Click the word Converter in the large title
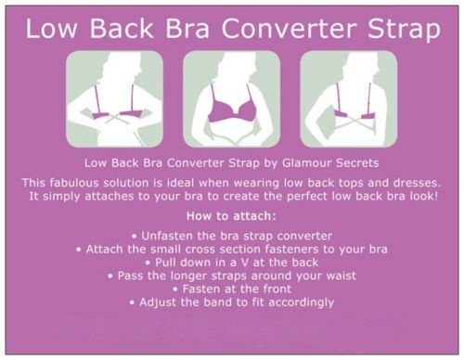point(291,29)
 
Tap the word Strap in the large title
point(404,31)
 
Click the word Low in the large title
point(51,29)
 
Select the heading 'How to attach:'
point(231,216)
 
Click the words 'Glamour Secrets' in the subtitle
point(330,163)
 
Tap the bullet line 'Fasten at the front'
point(233,289)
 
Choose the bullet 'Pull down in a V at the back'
point(232,263)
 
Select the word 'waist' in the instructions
point(341,276)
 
